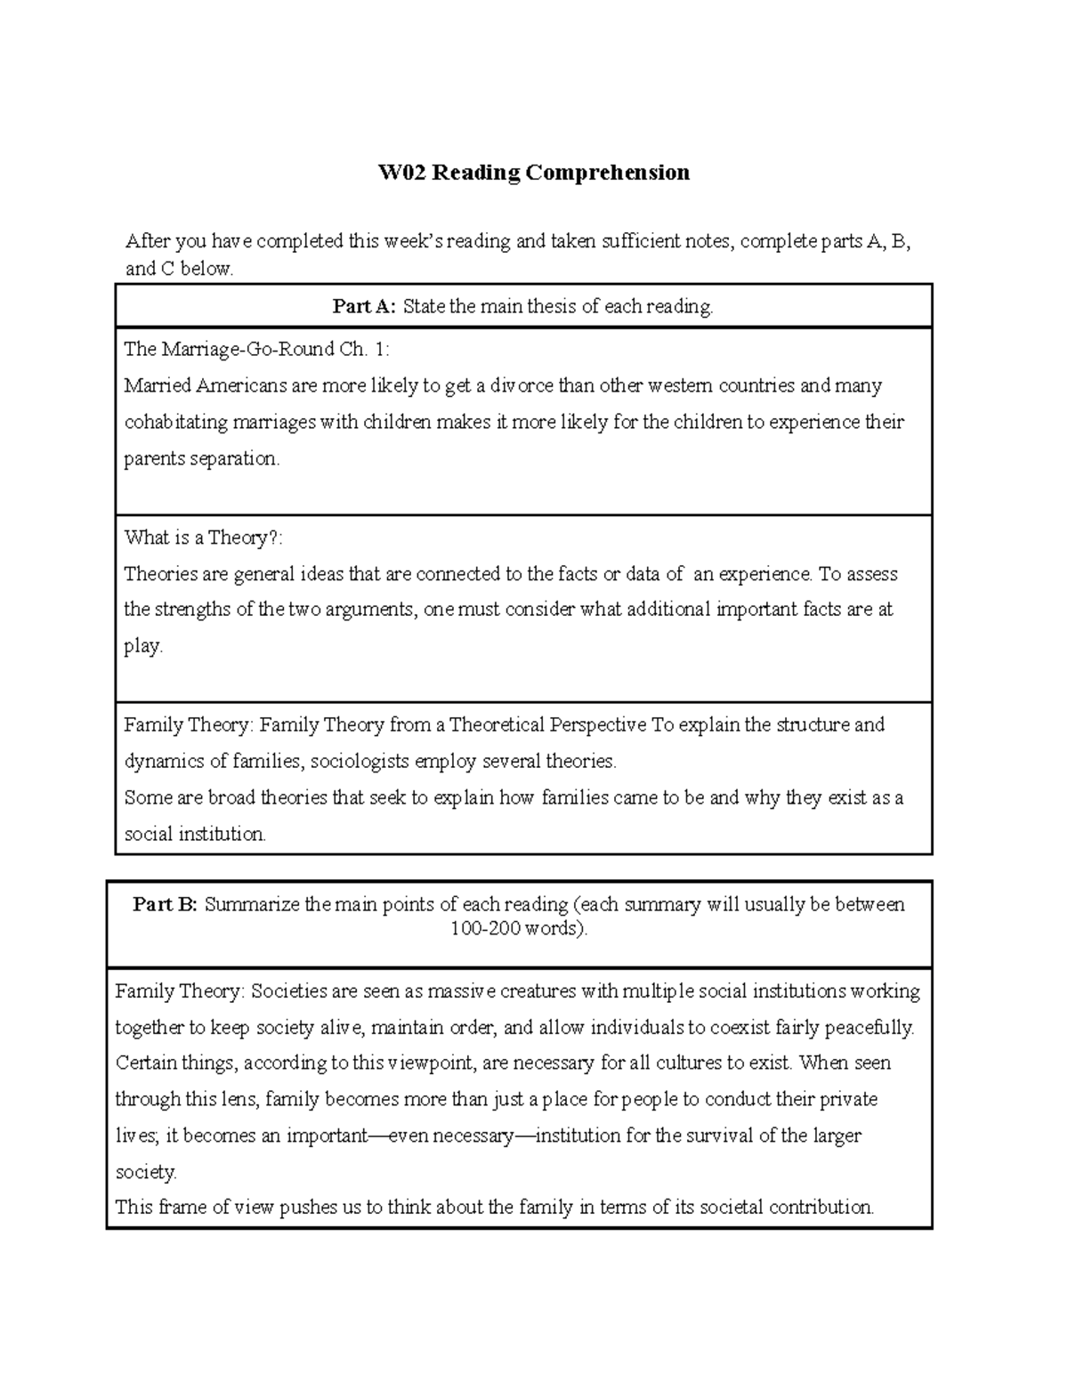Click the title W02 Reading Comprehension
pyautogui.click(x=534, y=172)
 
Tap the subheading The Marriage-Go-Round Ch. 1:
pyautogui.click(x=256, y=350)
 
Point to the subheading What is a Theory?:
pyautogui.click(x=203, y=537)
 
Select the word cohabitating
pyautogui.click(x=176, y=422)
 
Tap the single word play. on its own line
pyautogui.click(x=143, y=647)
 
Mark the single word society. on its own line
pyautogui.click(x=146, y=1173)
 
